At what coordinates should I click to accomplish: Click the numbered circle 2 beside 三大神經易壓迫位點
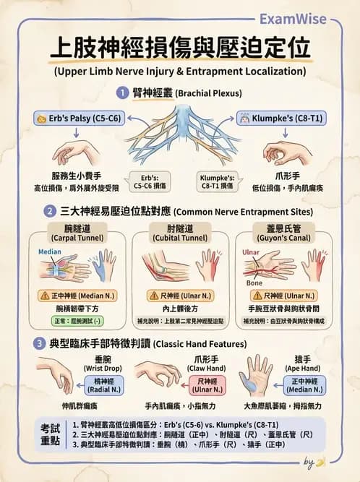pyautogui.click(x=50, y=212)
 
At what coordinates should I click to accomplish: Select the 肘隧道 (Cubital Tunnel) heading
pyautogui.click(x=180, y=233)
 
